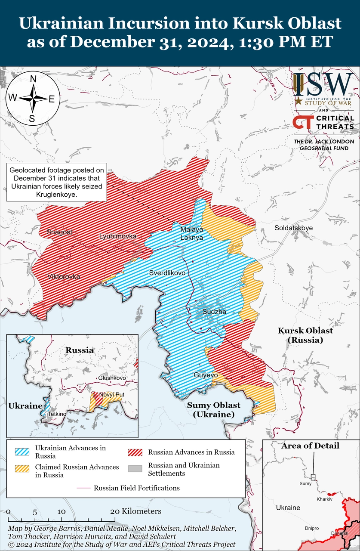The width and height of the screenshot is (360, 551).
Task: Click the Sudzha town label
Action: pyautogui.click(x=213, y=312)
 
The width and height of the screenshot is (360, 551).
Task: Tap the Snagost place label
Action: pyautogui.click(x=59, y=232)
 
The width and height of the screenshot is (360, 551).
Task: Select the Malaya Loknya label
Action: pyautogui.click(x=191, y=233)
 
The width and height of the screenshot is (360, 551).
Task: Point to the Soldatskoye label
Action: pyautogui.click(x=293, y=228)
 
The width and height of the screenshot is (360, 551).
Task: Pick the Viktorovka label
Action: pyautogui.click(x=63, y=276)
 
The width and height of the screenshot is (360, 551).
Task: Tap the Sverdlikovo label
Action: pyautogui.click(x=167, y=273)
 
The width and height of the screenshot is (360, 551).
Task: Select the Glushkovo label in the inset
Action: pyautogui.click(x=112, y=378)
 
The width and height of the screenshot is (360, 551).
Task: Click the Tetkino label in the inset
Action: pyautogui.click(x=57, y=414)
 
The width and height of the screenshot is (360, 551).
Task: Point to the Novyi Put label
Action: pyautogui.click(x=111, y=394)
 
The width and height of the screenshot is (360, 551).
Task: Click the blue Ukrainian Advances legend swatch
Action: pyautogui.click(x=22, y=452)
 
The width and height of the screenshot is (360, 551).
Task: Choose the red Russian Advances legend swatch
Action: pyautogui.click(x=135, y=452)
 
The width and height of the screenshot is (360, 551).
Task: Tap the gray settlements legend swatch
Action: pyautogui.click(x=135, y=469)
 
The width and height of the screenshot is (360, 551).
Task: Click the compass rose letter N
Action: pyautogui.click(x=33, y=79)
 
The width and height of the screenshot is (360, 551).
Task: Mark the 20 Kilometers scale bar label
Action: pyautogui.click(x=135, y=511)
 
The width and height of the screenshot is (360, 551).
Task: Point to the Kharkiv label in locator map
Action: pyautogui.click(x=324, y=498)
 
